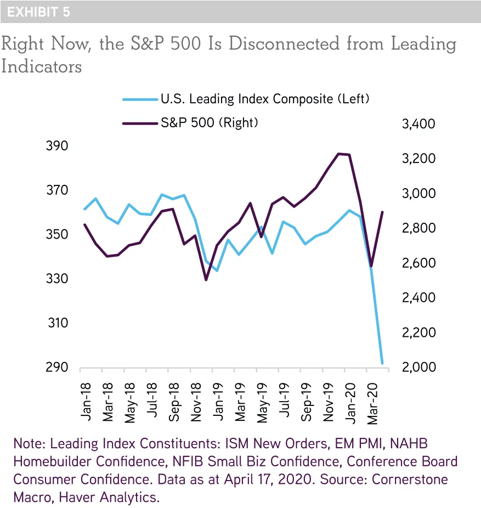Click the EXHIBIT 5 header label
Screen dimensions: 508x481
[x=38, y=12]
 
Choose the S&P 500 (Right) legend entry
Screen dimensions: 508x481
[x=208, y=123]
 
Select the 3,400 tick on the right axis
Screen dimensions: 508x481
[x=418, y=124]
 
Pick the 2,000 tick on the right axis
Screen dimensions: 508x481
[x=418, y=367]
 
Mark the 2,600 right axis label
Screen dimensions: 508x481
[x=418, y=263]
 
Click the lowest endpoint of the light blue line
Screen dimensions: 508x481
[x=382, y=363]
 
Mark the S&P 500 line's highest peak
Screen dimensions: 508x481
[x=339, y=154]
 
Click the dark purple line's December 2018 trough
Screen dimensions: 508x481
[x=206, y=280]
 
